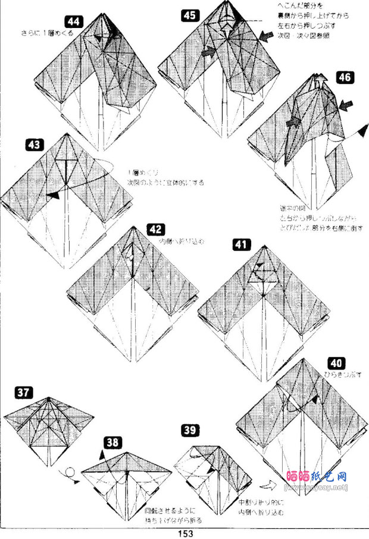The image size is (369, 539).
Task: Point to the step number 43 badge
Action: point(36,145)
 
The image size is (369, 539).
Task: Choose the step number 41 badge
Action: point(243,243)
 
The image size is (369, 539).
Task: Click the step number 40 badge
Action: point(336,363)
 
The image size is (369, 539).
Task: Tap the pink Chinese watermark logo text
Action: point(325,477)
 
